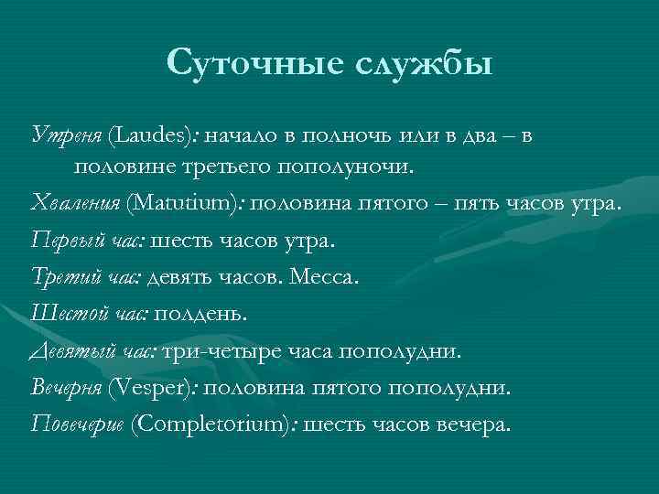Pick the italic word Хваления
coord(74,203)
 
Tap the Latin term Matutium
coord(184,203)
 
